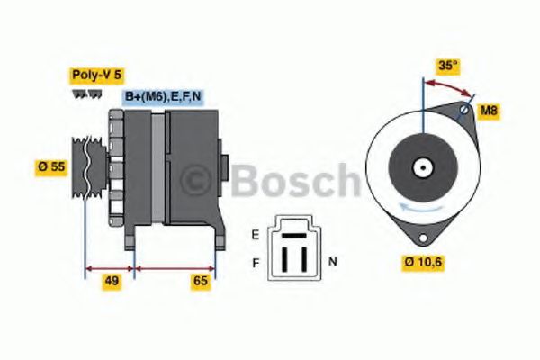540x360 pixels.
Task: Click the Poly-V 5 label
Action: coord(94,76)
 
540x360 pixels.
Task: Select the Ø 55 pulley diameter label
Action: coord(50,166)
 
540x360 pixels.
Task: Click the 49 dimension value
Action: coord(112,281)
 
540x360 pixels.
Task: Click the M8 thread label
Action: coord(488,112)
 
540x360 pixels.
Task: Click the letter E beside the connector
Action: coord(255,237)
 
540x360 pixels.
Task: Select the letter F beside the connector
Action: coord(255,262)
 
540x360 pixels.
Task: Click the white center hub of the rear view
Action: coord(421,167)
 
